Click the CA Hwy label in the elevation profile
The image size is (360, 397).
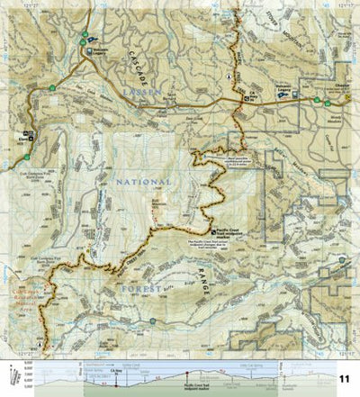click(115, 368)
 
